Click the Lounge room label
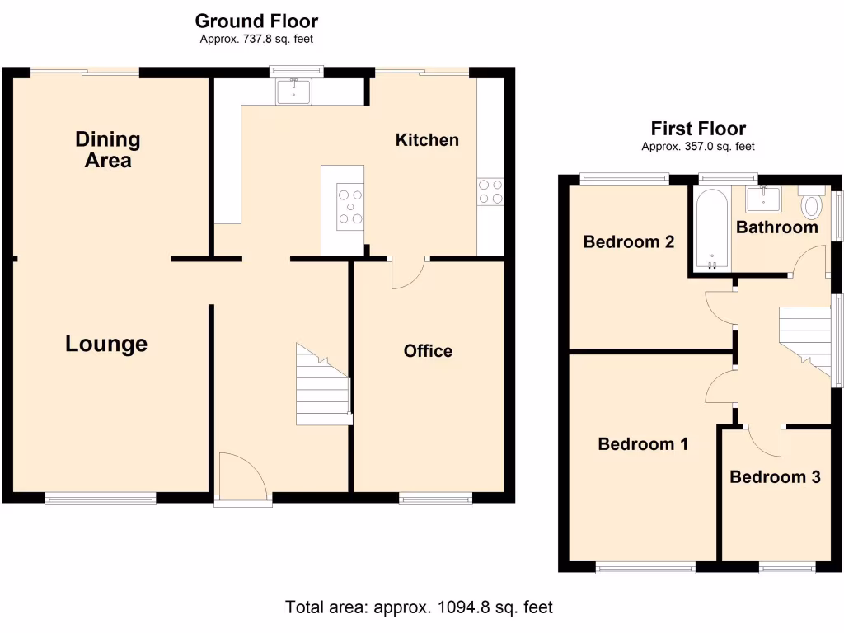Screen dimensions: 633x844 (x=106, y=344)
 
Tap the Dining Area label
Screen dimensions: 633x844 (x=108, y=149)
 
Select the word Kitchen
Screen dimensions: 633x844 (x=427, y=139)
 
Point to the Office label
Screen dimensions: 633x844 (x=428, y=351)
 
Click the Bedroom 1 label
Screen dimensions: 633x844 (x=643, y=444)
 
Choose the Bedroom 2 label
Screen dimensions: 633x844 (x=629, y=241)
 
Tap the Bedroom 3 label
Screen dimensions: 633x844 (x=775, y=476)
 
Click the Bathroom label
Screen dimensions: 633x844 (x=777, y=227)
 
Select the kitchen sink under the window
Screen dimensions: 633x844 (x=293, y=90)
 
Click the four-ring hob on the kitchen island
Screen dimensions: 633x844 (x=349, y=206)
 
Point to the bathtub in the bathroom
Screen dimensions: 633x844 (x=710, y=228)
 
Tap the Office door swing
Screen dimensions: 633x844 (x=409, y=274)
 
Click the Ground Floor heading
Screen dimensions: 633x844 (x=256, y=21)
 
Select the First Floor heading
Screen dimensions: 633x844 (x=698, y=129)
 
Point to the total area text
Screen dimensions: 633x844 (x=419, y=607)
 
